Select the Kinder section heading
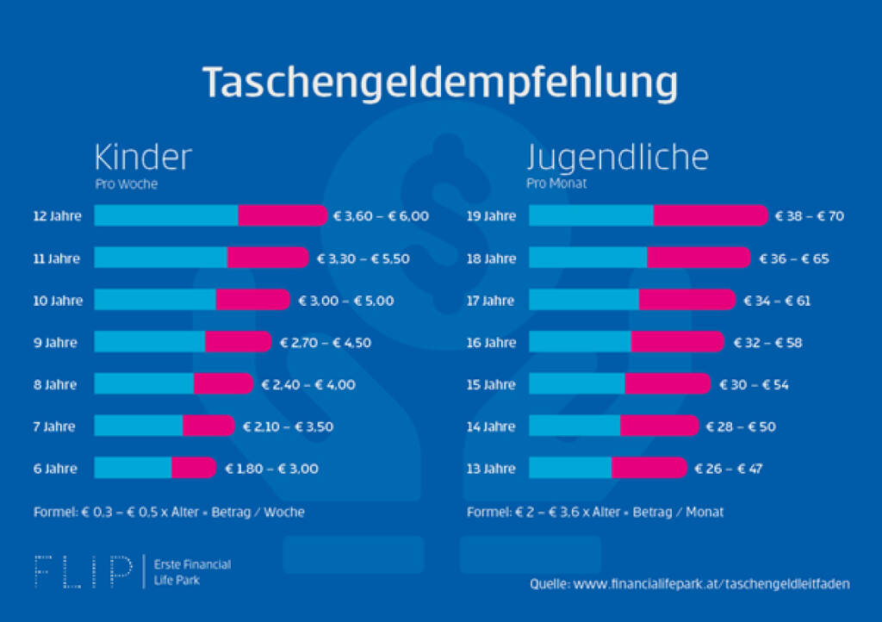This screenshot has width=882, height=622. coord(142,158)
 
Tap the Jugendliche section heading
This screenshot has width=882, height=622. coord(617,158)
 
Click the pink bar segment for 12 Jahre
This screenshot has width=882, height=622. coord(282,216)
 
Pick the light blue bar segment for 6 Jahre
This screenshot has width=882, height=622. coord(133,469)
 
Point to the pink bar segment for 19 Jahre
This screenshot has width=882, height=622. coord(709,216)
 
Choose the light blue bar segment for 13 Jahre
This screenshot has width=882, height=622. coord(569,469)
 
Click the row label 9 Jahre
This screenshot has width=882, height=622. coord(55,343)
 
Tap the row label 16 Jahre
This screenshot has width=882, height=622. coord(491,343)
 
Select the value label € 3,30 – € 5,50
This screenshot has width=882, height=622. coord(363,258)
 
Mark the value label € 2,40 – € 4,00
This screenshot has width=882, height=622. coord(308,385)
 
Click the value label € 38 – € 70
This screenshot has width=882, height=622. coord(810,216)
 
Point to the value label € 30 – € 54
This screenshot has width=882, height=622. coord(754,385)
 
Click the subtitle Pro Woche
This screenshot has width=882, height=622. coord(126,184)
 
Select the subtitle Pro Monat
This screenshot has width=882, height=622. coord(558,184)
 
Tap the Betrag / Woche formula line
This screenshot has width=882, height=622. coord(169,512)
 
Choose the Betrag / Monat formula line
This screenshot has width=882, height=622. coord(595,512)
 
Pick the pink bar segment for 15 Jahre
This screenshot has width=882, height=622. coord(667,385)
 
